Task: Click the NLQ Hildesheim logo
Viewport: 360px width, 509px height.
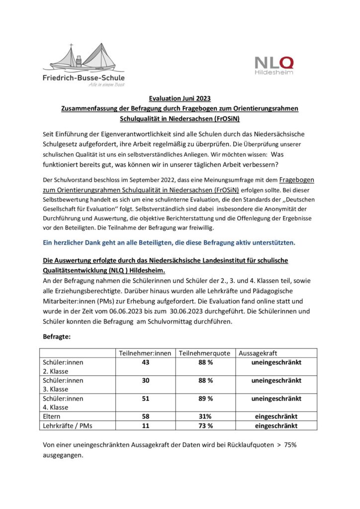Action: pos(274,65)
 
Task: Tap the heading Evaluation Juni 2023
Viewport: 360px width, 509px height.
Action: pos(180,98)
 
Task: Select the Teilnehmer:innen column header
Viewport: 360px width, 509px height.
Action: pos(145,353)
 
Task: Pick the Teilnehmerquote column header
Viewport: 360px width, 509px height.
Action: pos(204,353)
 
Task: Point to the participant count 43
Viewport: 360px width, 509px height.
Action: pos(145,362)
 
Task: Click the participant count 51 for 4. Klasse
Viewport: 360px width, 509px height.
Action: pos(145,398)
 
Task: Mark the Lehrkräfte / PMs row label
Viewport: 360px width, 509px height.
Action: pos(70,426)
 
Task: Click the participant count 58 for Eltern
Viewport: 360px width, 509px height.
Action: pos(145,417)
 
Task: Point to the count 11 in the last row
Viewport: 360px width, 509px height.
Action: pos(145,426)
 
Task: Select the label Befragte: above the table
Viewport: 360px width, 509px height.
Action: pos(57,337)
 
